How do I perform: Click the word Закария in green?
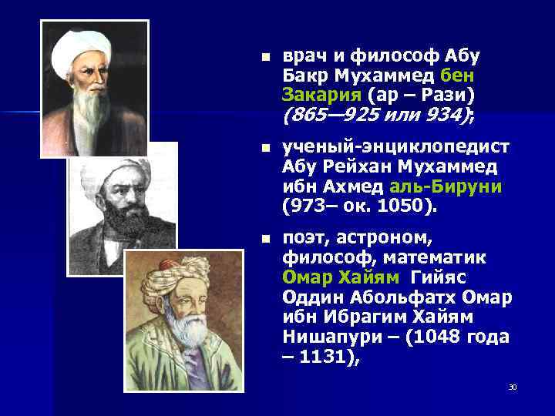point(322,96)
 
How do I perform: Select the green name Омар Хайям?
point(341,277)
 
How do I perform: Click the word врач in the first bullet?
point(305,56)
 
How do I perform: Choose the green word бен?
point(458,76)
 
